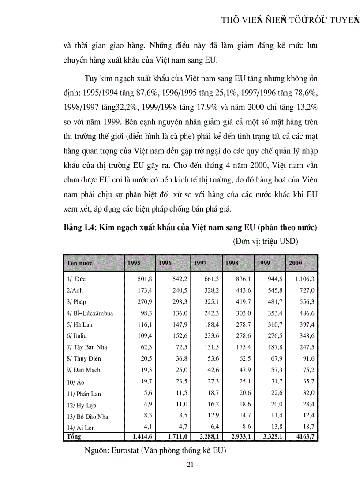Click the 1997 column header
[199, 263]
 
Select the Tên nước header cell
[79, 263]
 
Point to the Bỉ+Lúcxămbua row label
[90, 313]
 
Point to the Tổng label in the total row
[74, 436]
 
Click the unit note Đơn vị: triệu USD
[265, 241]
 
